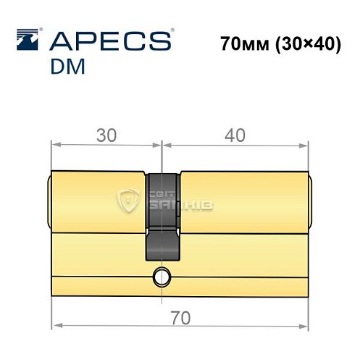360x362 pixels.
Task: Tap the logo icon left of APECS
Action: click(30, 39)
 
